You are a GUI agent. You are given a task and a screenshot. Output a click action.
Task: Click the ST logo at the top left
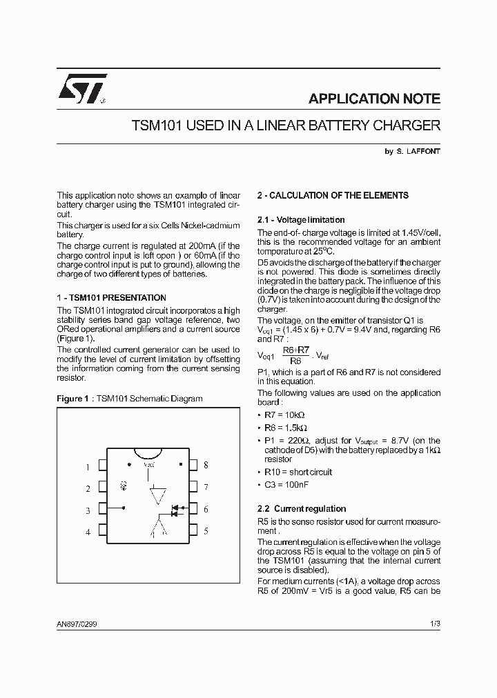point(81,89)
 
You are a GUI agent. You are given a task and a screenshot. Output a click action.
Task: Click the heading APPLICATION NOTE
point(374,99)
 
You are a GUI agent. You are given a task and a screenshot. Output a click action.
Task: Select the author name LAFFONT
point(422,152)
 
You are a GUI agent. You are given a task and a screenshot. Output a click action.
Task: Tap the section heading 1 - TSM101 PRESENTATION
point(111,298)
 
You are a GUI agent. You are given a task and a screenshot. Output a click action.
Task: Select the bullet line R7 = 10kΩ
point(284,415)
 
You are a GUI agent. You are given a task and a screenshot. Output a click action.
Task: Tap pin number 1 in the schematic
point(88,467)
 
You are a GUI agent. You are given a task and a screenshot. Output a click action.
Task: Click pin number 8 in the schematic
point(206,466)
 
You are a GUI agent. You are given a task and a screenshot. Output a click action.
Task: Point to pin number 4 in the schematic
point(88,532)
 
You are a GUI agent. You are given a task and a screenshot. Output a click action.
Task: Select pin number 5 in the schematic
point(206,531)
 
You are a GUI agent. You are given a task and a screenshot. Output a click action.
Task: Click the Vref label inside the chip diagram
point(148,465)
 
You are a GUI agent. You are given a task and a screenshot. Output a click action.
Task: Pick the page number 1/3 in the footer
point(434,624)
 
